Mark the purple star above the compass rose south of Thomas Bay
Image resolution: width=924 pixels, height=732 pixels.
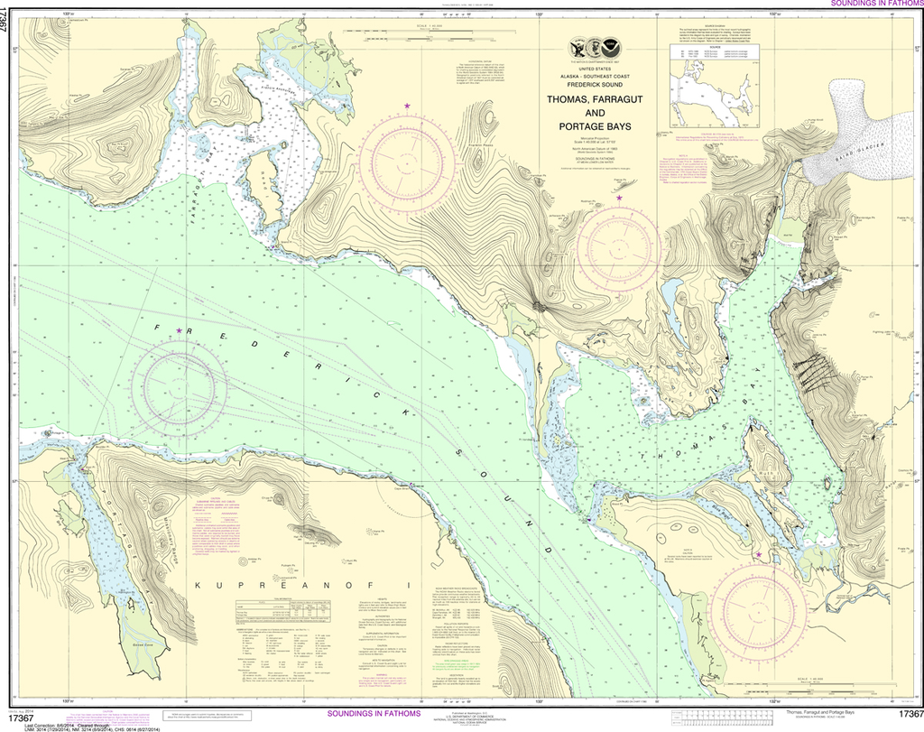tap(759, 555)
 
